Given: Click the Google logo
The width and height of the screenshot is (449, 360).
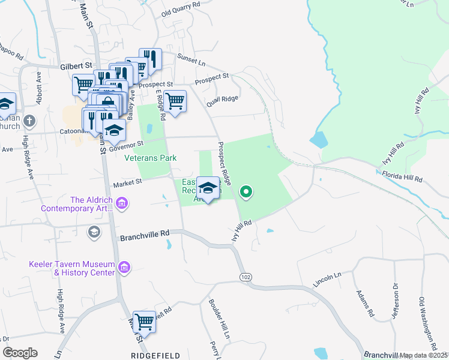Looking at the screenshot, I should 20,353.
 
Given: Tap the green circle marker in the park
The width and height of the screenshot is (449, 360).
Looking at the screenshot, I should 246,193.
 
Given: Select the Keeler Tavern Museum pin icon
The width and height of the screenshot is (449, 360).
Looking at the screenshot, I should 124,266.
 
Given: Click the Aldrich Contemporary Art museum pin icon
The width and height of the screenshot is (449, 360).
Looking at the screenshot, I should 122,203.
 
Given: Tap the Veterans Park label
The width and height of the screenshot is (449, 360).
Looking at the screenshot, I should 150,158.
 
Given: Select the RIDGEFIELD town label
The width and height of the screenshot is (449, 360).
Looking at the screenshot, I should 155,356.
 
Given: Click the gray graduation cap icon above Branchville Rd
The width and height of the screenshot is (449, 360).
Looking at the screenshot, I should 94,232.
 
